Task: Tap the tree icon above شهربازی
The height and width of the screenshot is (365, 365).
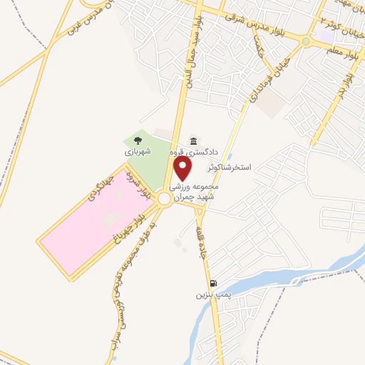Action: (138, 140)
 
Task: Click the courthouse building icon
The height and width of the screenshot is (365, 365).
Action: (193, 141)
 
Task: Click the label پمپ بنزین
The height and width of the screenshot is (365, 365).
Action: (213, 293)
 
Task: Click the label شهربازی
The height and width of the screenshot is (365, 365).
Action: (138, 152)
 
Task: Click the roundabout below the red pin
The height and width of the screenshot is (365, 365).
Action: (165, 199)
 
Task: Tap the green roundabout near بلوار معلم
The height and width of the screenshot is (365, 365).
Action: (306, 41)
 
